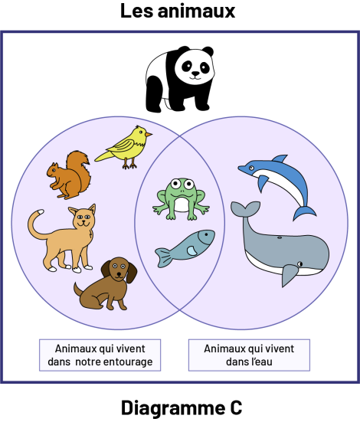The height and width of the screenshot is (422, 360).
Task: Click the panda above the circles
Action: pyautogui.click(x=180, y=79)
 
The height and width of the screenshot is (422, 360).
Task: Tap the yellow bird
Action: pyautogui.click(x=123, y=147)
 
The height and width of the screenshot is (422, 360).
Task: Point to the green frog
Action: pyautogui.click(x=181, y=199)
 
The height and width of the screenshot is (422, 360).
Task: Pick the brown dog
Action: pyautogui.click(x=106, y=284)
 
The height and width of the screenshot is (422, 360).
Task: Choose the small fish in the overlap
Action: pyautogui.click(x=185, y=248)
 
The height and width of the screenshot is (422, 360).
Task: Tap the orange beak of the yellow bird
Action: pyautogui.click(x=149, y=134)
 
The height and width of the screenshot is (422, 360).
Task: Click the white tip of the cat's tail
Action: pyautogui.click(x=41, y=211)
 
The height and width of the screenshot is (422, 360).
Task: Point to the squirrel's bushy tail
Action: pyautogui.click(x=80, y=169)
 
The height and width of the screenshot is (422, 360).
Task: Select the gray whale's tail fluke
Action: pyautogui.click(x=245, y=208)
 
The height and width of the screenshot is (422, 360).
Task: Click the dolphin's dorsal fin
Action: pyautogui.click(x=280, y=159)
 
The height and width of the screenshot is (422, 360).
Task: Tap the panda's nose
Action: pyautogui.click(x=195, y=74)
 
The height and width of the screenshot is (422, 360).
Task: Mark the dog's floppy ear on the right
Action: pyautogui.click(x=132, y=273)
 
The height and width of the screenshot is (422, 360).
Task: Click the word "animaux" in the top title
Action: pyautogui.click(x=196, y=11)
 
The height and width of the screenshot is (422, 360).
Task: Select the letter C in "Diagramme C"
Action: pyautogui.click(x=236, y=408)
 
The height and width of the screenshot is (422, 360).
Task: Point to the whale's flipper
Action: pyautogui.click(x=290, y=274)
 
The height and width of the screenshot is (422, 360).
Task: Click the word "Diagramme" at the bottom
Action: pyautogui.click(x=173, y=408)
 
